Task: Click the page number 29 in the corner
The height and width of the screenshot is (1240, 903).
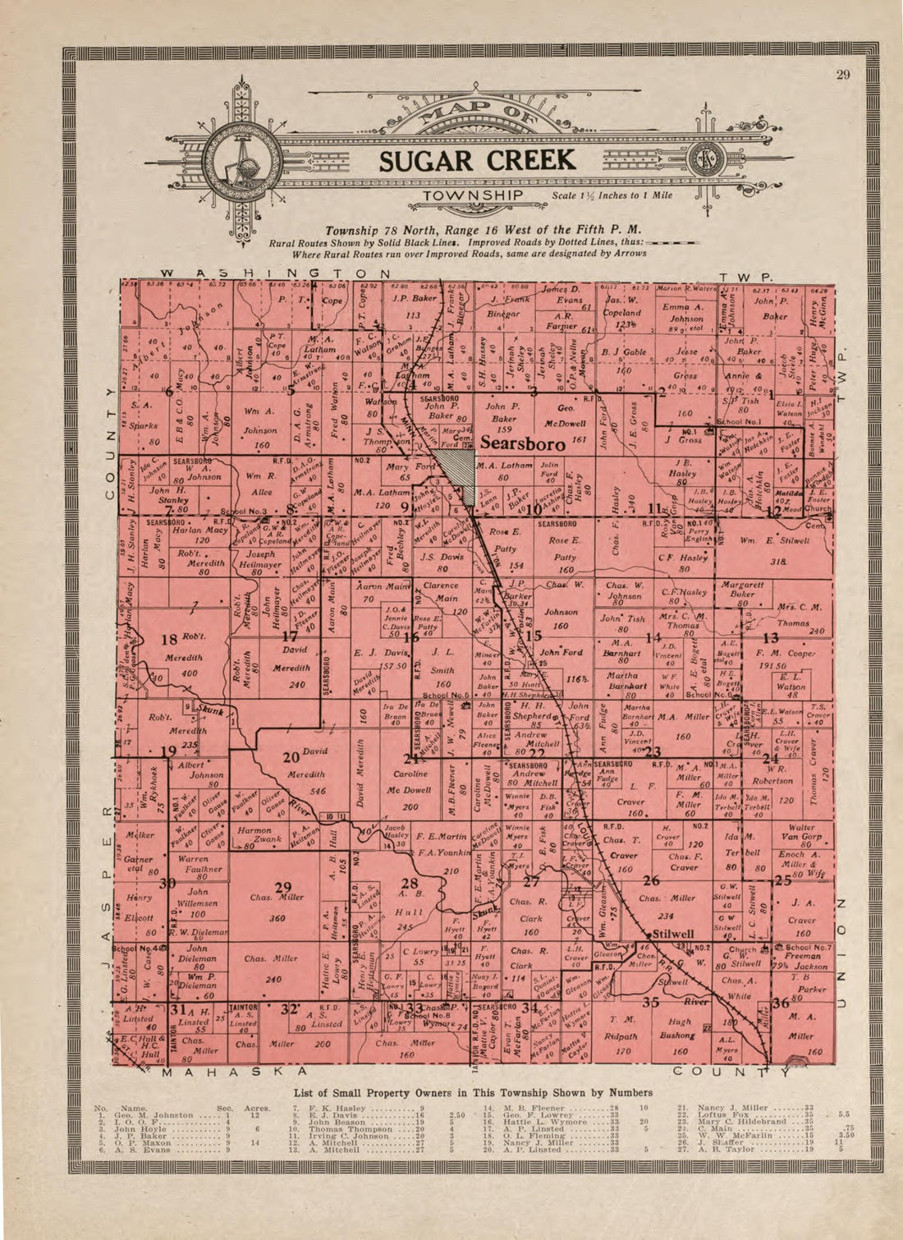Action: click(x=843, y=76)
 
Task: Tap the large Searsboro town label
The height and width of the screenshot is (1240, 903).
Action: click(x=522, y=443)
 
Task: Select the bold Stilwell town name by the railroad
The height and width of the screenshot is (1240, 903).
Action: click(x=672, y=934)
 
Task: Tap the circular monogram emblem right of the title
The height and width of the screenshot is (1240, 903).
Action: click(x=704, y=161)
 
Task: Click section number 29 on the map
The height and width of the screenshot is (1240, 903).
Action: click(x=282, y=886)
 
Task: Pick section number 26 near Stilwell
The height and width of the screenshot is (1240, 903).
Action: click(x=651, y=881)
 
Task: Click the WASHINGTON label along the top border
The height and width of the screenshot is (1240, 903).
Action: click(x=274, y=273)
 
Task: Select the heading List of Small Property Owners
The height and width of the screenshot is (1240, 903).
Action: click(x=472, y=1092)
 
